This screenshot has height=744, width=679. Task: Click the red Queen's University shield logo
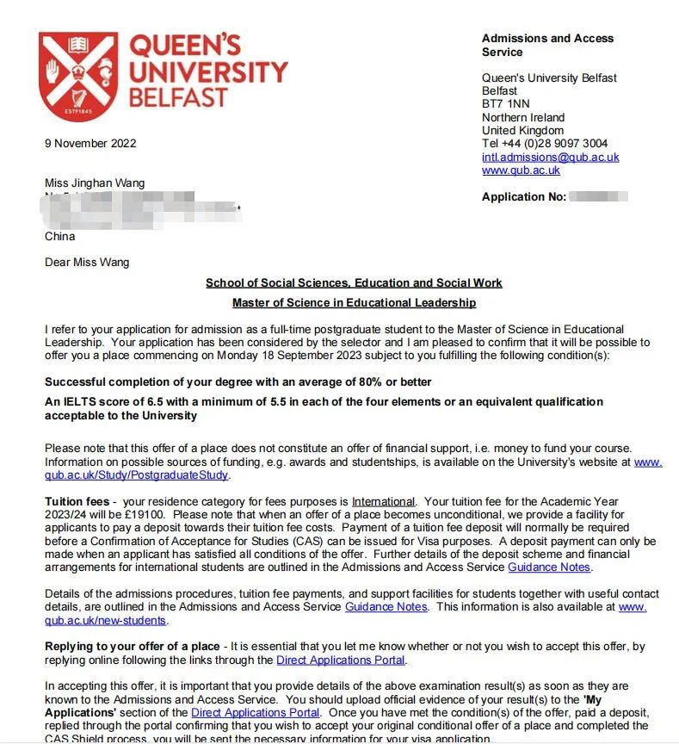pos(78,77)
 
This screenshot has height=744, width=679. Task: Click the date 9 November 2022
pos(90,143)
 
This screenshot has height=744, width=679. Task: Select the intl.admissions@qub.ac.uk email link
pos(550,158)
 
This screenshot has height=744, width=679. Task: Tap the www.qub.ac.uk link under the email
pos(521,170)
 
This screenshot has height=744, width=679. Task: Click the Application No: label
pos(523,197)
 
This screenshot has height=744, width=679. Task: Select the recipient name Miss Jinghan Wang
pos(95,183)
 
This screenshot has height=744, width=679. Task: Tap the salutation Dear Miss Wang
pos(87,262)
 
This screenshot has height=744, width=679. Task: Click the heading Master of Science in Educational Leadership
pos(354,303)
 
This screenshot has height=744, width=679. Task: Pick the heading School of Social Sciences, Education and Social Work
pos(354,282)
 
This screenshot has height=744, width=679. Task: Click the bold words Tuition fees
pos(77,501)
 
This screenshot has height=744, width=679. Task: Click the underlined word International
pos(383,501)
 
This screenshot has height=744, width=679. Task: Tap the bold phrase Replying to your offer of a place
pos(132,647)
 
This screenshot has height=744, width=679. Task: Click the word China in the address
pos(59,236)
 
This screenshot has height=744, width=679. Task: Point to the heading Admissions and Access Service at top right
pos(547,45)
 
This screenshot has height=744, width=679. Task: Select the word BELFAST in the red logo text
pos(178,97)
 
